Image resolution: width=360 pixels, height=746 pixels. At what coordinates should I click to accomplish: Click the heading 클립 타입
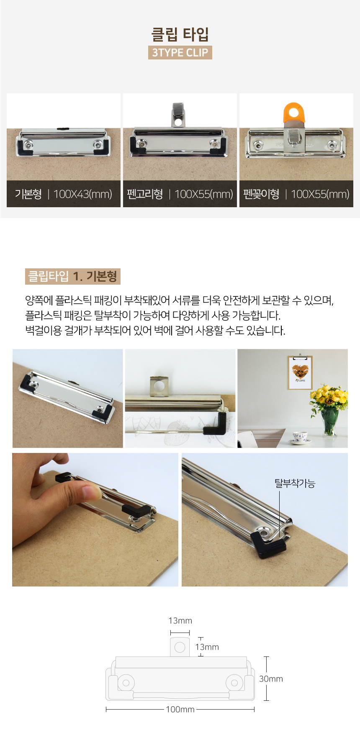click(x=180, y=34)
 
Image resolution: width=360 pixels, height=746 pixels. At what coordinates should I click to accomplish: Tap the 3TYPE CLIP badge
click(x=180, y=52)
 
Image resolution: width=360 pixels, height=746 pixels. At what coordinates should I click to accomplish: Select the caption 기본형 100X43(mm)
click(x=64, y=194)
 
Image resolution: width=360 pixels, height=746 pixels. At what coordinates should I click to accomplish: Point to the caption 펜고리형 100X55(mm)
click(x=180, y=194)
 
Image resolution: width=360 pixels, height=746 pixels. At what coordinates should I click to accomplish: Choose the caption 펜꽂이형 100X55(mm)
click(x=296, y=194)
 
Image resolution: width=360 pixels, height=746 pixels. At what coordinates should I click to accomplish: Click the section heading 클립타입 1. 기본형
click(x=72, y=276)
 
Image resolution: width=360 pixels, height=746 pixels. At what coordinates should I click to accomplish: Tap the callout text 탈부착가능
click(x=295, y=484)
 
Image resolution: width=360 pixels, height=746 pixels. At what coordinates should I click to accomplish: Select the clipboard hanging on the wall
click(x=300, y=372)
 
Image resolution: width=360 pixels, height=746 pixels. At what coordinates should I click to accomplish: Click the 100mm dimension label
click(x=180, y=709)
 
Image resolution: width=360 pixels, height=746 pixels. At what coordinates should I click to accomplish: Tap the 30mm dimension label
click(x=271, y=679)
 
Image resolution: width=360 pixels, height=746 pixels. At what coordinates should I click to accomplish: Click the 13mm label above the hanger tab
click(x=180, y=620)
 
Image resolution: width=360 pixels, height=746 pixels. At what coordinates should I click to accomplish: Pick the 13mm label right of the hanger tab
click(x=207, y=647)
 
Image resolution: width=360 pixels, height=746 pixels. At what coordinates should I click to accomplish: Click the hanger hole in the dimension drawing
click(x=180, y=647)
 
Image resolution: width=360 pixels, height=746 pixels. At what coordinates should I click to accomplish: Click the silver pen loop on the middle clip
click(x=178, y=114)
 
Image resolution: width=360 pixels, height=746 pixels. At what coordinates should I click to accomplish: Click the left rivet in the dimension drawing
click(x=126, y=683)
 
